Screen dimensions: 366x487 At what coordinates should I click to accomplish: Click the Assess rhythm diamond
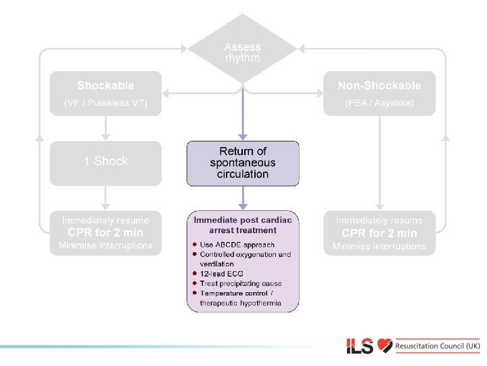(242, 52)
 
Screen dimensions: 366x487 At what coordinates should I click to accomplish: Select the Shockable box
(106, 94)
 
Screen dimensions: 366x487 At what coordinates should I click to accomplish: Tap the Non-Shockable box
(379, 94)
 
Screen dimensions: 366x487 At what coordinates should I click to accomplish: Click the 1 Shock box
(106, 163)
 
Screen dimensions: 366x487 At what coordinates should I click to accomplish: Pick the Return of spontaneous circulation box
(243, 163)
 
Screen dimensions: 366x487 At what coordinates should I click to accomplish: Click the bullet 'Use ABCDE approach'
(237, 245)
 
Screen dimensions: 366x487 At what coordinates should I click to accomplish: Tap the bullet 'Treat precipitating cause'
(240, 283)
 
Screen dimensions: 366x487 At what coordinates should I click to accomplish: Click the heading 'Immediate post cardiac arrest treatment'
(243, 225)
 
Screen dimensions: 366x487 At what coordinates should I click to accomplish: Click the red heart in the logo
(385, 346)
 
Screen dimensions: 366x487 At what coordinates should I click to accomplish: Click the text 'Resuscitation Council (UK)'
(438, 346)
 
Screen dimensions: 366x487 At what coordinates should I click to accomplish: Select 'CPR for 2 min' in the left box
(106, 232)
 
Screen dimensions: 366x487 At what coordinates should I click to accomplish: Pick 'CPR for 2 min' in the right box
(379, 232)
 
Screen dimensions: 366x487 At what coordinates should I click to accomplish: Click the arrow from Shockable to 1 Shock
(106, 128)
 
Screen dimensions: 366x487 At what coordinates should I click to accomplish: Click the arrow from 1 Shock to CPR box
(106, 197)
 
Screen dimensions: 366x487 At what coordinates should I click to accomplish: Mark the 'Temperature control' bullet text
(236, 293)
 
